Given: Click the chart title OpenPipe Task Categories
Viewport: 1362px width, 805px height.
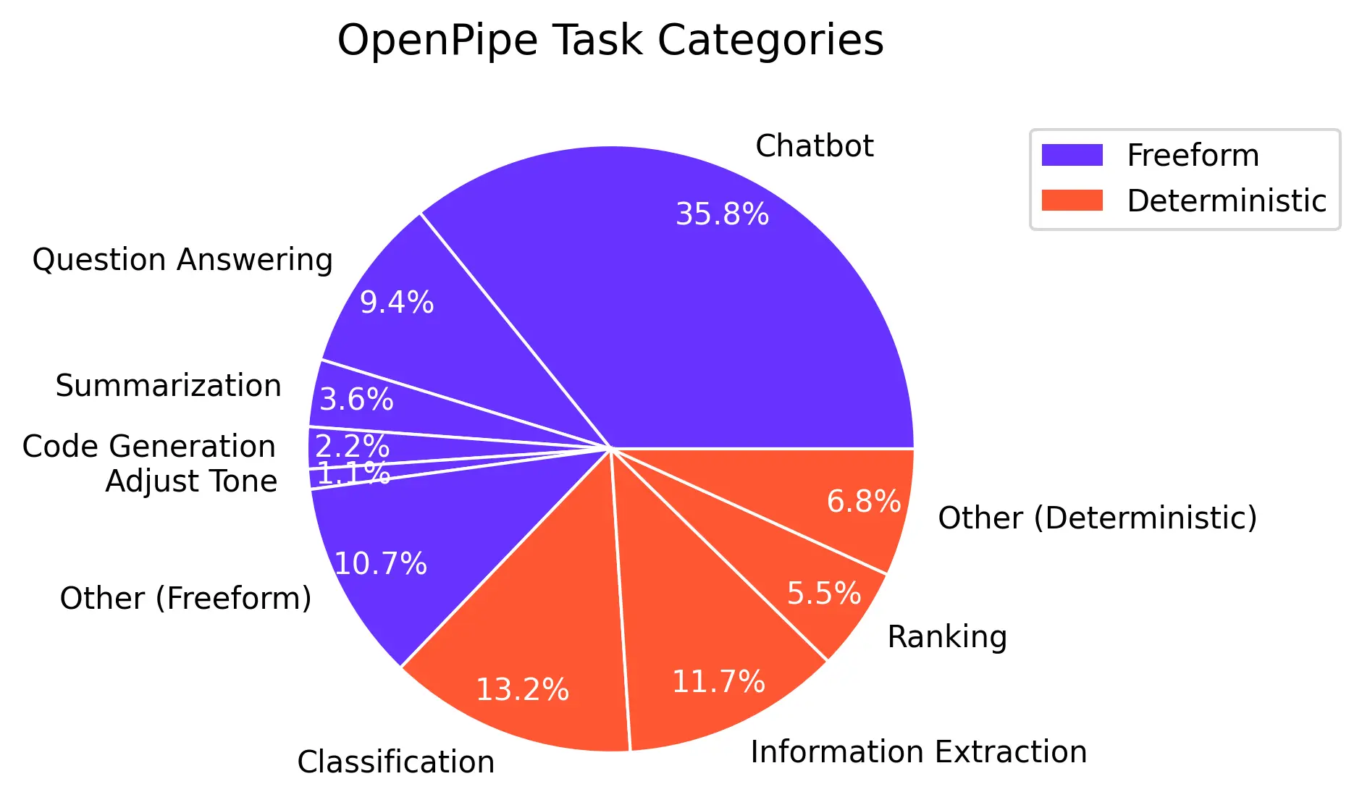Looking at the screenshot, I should [610, 41].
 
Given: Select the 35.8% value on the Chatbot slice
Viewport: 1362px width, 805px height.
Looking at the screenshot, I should [722, 214].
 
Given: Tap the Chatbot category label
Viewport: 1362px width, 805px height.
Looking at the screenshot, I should [814, 146].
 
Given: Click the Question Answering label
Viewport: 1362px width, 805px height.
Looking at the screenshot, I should [182, 260].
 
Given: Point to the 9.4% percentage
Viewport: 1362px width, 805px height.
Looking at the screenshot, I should [397, 303].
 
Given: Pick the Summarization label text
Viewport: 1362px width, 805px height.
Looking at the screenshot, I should [168, 386].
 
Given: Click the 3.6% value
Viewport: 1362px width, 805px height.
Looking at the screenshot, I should [356, 400].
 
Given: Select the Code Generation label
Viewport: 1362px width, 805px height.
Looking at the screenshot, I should [149, 447].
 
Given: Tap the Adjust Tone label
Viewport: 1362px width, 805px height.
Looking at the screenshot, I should [191, 481].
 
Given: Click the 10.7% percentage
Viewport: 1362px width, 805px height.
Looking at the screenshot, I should [381, 564].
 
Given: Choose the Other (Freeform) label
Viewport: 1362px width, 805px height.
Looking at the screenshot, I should [185, 599].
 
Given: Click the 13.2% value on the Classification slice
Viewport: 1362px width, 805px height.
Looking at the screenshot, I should [522, 690].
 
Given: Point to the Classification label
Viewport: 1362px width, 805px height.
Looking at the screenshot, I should [396, 762].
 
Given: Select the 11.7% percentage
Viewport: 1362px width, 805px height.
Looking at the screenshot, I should [718, 682].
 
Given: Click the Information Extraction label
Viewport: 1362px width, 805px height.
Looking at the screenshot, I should [919, 752].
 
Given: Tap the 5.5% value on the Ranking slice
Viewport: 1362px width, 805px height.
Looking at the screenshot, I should [824, 594].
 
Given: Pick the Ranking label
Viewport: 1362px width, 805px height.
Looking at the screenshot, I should [947, 637].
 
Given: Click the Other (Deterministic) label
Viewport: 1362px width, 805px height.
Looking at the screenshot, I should [1097, 518].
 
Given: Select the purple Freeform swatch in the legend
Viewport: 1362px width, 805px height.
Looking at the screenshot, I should [1072, 155].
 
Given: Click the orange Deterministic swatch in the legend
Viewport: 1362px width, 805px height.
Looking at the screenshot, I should [1072, 201].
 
